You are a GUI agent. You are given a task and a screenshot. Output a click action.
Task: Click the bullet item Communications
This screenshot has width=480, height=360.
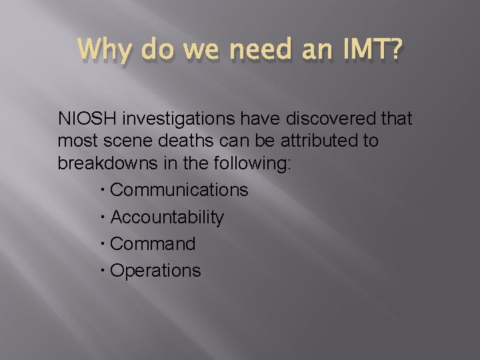pyautogui.click(x=179, y=190)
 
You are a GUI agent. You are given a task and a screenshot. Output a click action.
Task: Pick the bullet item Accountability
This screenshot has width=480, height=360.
pyautogui.click(x=167, y=217)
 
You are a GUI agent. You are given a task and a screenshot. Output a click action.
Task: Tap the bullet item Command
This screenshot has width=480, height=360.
pyautogui.click(x=153, y=244)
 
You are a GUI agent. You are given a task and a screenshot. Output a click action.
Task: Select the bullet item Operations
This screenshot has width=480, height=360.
pyautogui.click(x=155, y=271)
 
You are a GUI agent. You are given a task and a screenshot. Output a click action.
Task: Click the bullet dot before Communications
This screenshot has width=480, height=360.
pyautogui.click(x=105, y=191)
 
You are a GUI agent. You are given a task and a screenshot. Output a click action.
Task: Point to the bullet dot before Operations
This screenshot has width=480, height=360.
pyautogui.click(x=105, y=271)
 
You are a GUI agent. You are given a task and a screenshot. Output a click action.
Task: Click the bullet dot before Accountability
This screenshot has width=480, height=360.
pyautogui.click(x=105, y=217)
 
